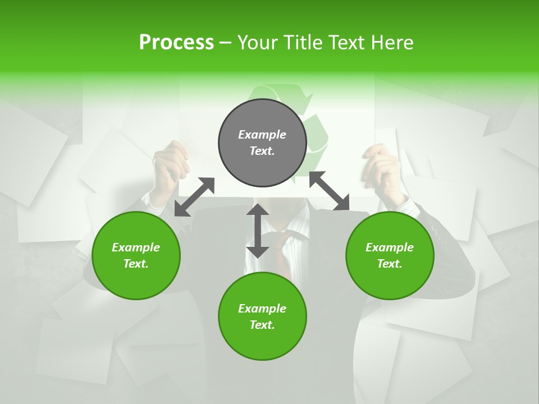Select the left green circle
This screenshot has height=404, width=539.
coord(136,255)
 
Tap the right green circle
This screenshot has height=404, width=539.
coord(390,255)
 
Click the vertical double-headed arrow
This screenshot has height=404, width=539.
coord(258,231)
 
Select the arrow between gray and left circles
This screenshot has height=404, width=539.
coord(194,197)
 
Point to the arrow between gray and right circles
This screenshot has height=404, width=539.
coord(329,191)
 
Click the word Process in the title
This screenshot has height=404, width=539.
coord(176,42)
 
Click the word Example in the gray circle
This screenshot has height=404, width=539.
coord(262,134)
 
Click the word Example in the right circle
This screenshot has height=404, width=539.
coord(390,247)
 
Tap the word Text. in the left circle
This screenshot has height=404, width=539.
coord(136,264)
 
